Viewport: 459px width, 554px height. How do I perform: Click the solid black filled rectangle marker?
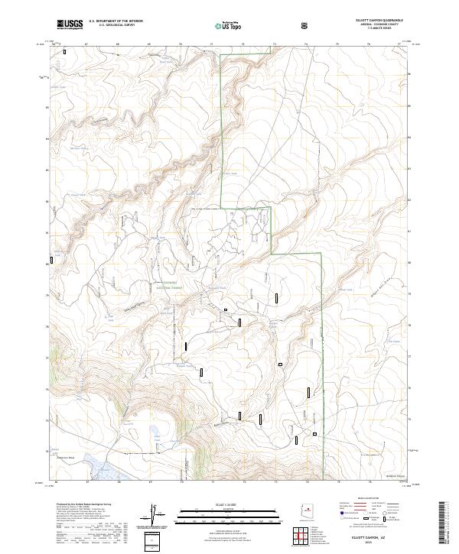226,309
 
